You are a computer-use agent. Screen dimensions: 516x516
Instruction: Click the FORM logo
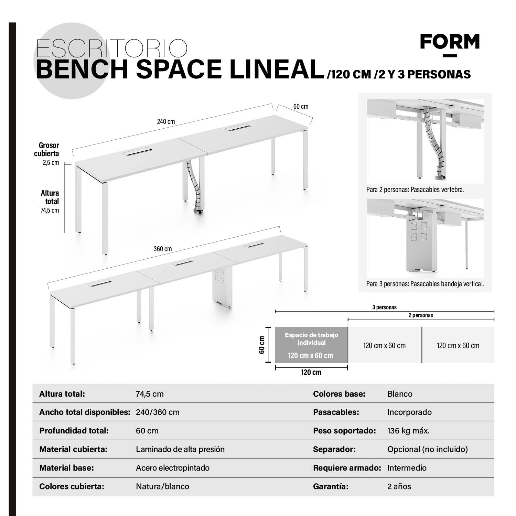[450, 43]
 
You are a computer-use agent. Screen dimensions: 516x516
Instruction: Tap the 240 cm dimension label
[166, 121]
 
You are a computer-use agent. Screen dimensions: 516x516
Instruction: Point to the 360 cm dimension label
[163, 249]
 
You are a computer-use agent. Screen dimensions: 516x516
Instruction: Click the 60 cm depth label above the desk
[301, 107]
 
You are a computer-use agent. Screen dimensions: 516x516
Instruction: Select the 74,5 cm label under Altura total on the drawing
[50, 211]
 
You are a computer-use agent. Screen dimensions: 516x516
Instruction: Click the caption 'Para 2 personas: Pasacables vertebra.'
[415, 190]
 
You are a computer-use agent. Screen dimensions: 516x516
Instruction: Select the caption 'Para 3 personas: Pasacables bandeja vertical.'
[425, 284]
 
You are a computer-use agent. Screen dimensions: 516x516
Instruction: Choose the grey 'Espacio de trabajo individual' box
[311, 345]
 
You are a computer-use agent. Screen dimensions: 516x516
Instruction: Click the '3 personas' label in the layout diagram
[384, 307]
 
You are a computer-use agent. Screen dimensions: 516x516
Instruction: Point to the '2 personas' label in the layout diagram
[421, 315]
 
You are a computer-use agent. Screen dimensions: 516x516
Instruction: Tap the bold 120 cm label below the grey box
[311, 372]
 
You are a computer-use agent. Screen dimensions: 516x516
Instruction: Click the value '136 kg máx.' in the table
[408, 431]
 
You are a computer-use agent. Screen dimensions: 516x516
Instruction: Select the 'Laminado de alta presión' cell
[180, 449]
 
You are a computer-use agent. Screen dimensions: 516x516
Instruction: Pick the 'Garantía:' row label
[331, 486]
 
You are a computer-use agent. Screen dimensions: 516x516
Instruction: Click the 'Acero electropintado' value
[172, 468]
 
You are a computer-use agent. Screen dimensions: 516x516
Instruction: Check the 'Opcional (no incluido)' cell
[427, 449]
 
